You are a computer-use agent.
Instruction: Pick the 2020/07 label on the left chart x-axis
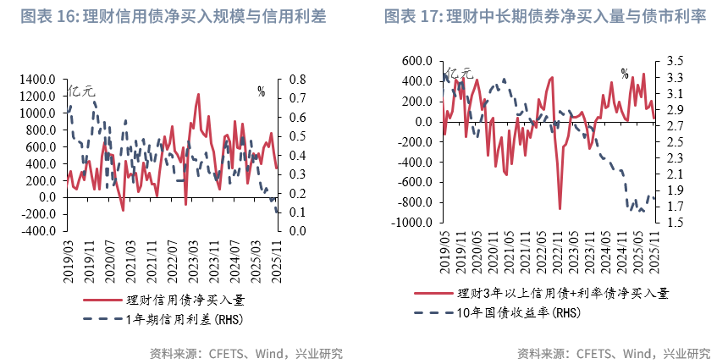110,257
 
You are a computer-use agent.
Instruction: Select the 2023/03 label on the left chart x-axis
193,257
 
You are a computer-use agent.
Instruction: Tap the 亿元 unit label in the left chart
82,90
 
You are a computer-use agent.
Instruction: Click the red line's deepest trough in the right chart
560,208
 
